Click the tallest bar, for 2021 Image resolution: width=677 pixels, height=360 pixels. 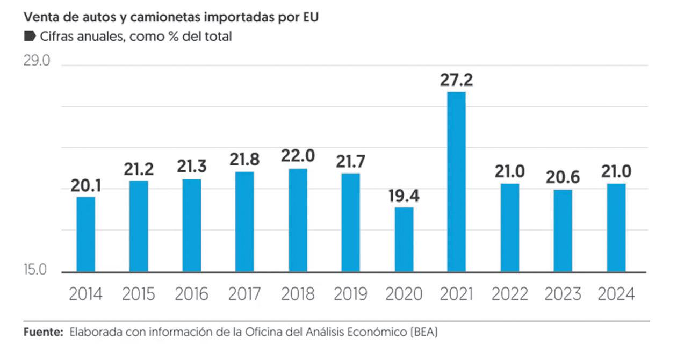click(456, 182)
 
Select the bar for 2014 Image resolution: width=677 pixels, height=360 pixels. click(85, 234)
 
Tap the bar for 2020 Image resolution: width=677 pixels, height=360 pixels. click(404, 239)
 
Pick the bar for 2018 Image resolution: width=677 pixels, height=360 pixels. click(298, 220)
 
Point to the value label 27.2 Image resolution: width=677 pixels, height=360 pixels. click(456, 80)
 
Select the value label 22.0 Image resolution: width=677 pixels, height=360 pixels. click(298, 157)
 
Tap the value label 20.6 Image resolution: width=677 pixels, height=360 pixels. click(563, 178)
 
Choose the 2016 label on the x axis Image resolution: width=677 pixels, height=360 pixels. click(191, 294)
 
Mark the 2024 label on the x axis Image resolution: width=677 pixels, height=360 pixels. click(616, 294)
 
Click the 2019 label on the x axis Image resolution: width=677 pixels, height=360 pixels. click(350, 294)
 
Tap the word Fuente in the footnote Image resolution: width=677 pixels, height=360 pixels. click(44, 333)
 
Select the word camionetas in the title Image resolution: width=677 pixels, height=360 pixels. click(167, 17)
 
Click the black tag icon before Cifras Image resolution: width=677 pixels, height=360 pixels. click(30, 37)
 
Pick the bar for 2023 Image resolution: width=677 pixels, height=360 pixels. click(563, 231)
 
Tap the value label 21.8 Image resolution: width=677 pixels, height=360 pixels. click(244, 160)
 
